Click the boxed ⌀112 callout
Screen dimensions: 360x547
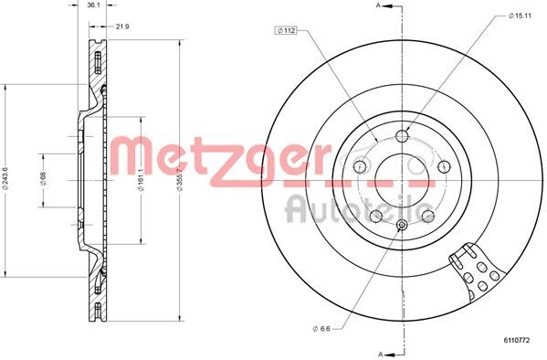(x=285, y=30)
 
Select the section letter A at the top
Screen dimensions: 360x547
(x=377, y=7)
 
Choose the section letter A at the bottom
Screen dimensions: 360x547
(x=377, y=352)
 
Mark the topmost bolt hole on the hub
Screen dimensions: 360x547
(x=402, y=136)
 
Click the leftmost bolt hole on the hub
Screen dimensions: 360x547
(x=361, y=166)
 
